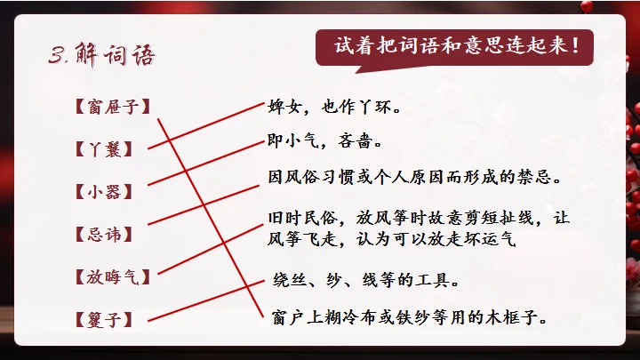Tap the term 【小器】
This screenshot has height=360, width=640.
[106, 191]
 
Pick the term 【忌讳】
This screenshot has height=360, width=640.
[106, 234]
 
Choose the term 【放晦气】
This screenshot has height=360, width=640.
[114, 276]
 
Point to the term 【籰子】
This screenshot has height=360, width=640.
[106, 317]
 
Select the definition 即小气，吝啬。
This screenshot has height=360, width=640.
[324, 140]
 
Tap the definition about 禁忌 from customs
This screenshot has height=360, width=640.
[414, 176]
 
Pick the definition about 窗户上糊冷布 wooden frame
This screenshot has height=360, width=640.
[409, 316]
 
